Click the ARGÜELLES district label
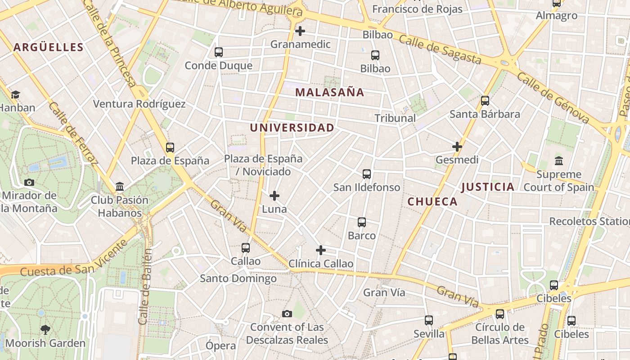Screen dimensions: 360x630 click(49, 47)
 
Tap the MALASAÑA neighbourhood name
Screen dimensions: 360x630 click(329, 93)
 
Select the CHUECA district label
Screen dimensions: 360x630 click(432, 202)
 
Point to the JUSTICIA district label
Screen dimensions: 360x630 click(488, 187)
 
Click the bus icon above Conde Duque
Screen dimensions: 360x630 click(219, 52)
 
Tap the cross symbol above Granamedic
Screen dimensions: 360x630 click(300, 31)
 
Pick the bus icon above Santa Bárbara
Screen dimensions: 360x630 click(485, 101)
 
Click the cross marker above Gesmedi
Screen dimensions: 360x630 click(457, 147)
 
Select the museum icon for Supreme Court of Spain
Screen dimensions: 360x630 click(559, 161)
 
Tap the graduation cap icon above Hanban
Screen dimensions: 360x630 click(16, 94)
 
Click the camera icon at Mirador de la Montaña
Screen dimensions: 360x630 click(29, 182)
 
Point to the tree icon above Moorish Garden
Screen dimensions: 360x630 click(45, 329)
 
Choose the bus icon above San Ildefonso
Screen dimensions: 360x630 click(367, 174)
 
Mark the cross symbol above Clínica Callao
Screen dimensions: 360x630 click(321, 250)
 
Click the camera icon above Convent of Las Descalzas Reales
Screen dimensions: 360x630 click(287, 314)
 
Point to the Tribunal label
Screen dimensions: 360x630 click(395, 118)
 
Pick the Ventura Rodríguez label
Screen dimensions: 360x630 click(139, 104)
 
